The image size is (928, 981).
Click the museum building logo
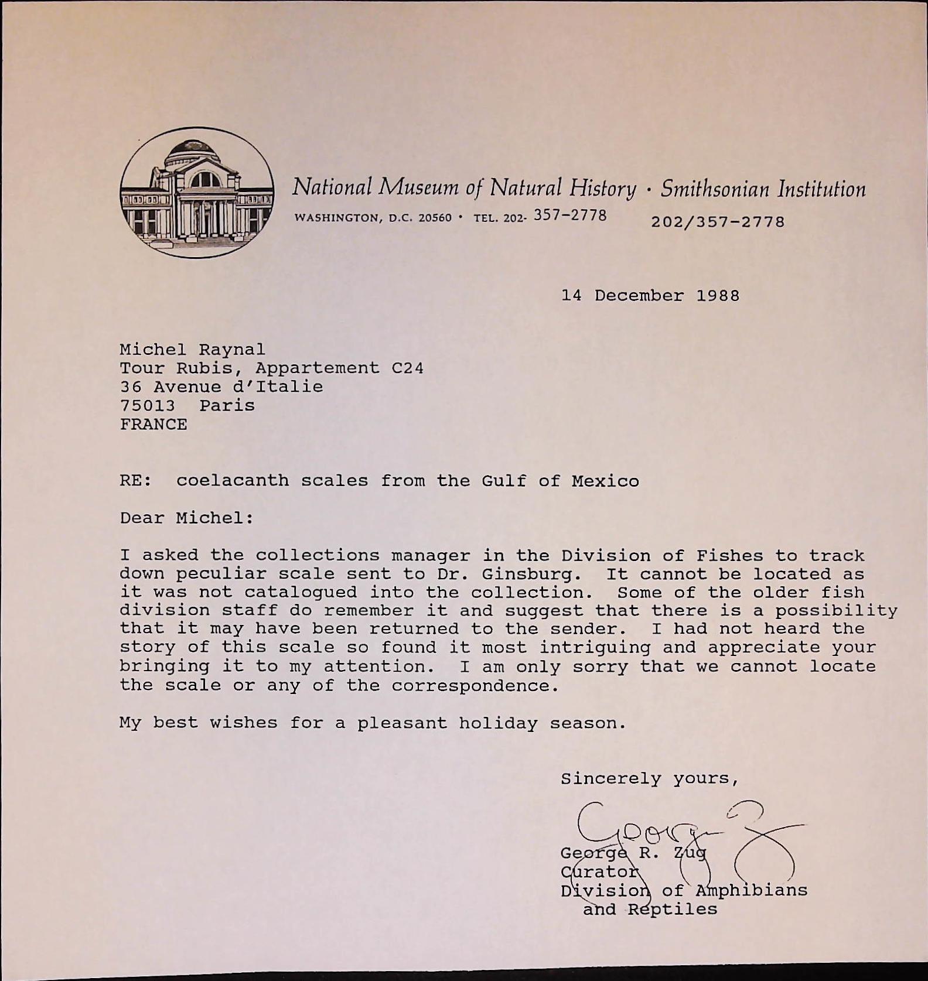(x=197, y=193)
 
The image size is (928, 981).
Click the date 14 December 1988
(x=650, y=295)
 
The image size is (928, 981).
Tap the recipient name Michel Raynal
(x=192, y=350)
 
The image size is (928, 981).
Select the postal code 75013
(x=147, y=405)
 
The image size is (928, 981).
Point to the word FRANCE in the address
(x=153, y=424)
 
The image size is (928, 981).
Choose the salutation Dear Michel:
(x=187, y=518)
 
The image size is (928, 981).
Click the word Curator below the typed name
(x=599, y=871)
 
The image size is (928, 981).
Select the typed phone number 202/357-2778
(x=718, y=222)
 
